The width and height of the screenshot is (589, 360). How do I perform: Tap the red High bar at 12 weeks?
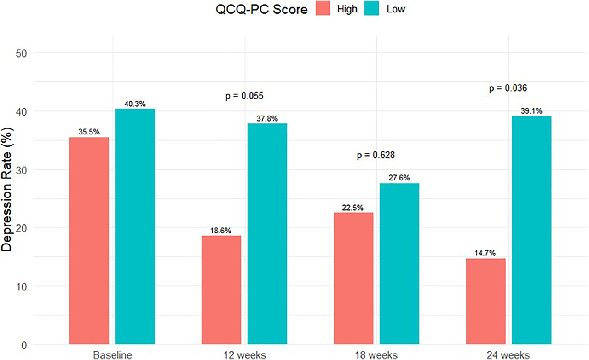point(221,290)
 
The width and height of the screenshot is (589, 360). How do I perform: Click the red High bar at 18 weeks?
point(353,278)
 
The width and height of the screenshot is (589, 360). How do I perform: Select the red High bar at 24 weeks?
point(485,301)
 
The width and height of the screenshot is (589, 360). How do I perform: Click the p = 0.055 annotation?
point(244,96)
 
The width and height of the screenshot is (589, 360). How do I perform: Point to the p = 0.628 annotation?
point(376,155)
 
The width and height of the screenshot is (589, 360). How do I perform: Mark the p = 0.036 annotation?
point(508,88)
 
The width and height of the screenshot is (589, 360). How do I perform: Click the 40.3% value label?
point(135,104)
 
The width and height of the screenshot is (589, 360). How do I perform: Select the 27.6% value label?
point(399,178)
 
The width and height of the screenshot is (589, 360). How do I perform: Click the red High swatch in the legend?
point(323,9)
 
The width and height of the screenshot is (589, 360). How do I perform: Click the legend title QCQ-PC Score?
point(262,9)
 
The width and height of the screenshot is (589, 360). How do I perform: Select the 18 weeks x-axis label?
point(376,355)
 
